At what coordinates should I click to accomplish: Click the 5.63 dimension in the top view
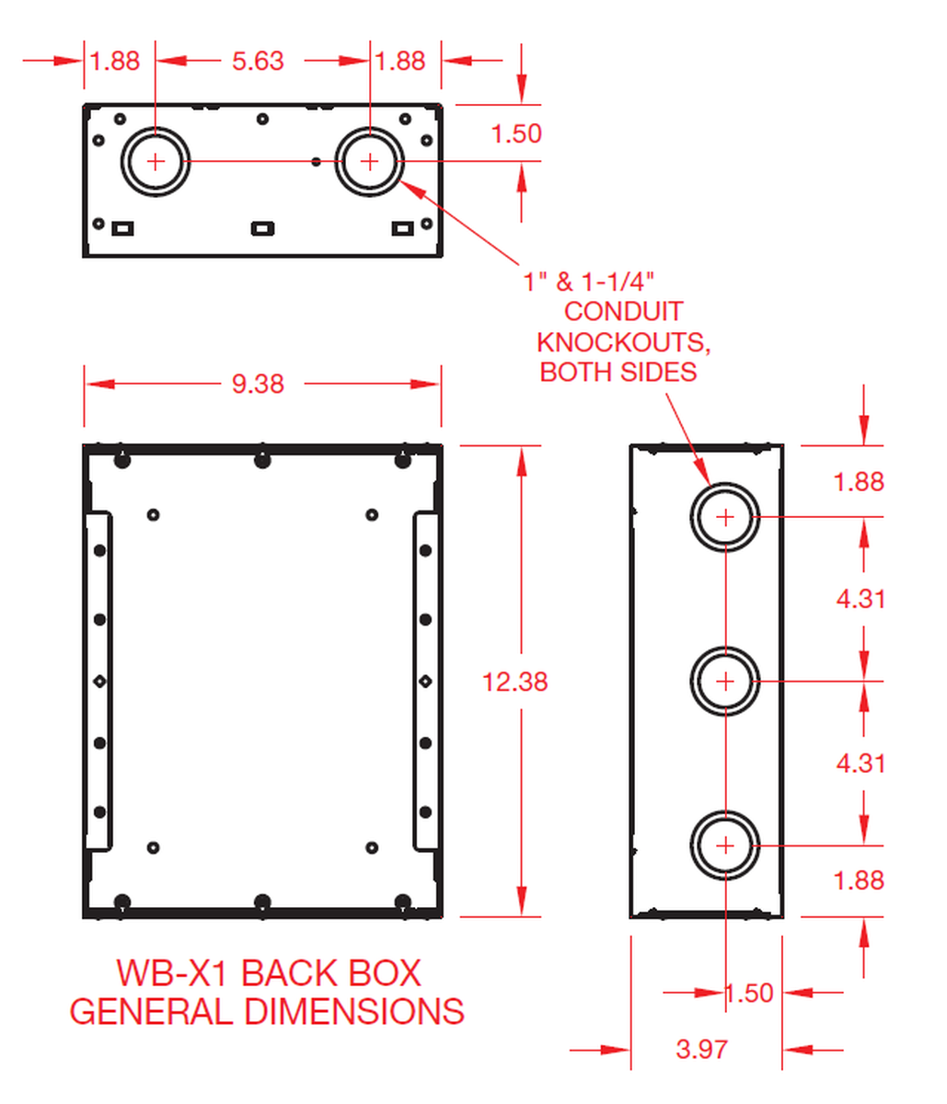point(258,62)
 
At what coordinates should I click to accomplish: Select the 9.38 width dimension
point(258,384)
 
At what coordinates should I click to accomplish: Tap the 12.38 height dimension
point(514,682)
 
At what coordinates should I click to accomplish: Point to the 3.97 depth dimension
point(701,1049)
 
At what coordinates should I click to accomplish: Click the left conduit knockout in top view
point(156,162)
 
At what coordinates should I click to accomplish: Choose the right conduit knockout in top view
point(369,162)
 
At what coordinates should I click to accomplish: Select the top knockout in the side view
point(725,517)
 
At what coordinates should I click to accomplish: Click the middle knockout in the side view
point(725,682)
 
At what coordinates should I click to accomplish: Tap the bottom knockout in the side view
point(725,845)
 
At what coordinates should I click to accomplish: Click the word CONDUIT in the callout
point(623,312)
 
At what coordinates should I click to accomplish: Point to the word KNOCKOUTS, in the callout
point(623,342)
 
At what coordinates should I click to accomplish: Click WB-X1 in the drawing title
point(175,973)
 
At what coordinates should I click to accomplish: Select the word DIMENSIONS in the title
point(354,1012)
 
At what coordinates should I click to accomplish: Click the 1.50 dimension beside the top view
point(516,134)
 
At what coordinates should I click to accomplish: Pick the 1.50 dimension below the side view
point(750,994)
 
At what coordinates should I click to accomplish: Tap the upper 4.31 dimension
point(860,599)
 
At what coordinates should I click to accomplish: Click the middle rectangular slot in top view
point(263,227)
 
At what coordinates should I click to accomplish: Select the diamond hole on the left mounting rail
point(99,682)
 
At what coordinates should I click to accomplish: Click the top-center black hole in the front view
point(262,460)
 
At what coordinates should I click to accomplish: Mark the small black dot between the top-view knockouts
point(317,162)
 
